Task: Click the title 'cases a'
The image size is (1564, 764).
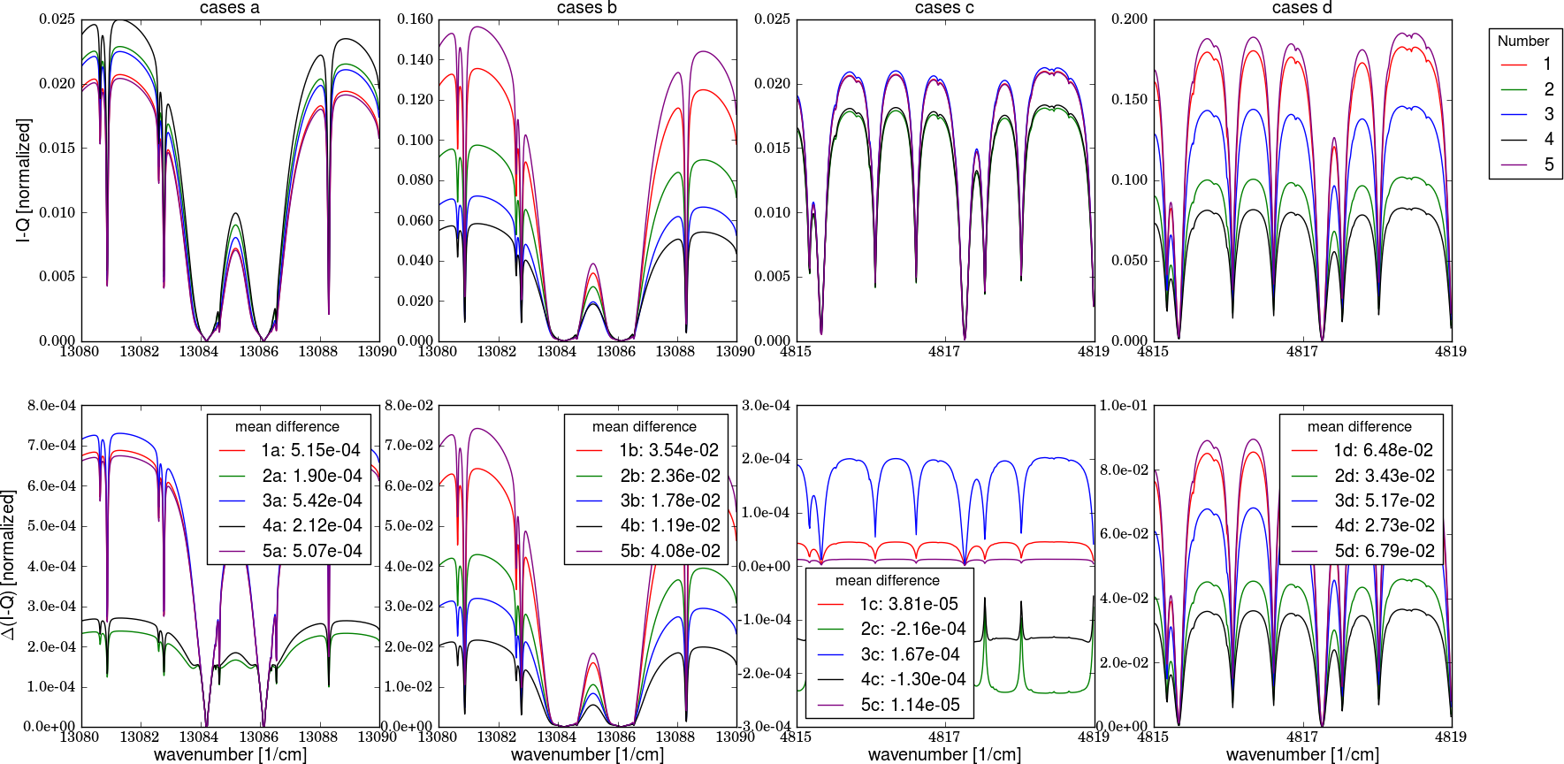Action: (x=230, y=8)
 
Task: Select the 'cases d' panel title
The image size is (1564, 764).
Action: (x=1301, y=8)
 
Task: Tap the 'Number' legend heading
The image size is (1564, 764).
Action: (x=1522, y=41)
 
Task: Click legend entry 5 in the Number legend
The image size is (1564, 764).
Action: (x=1547, y=164)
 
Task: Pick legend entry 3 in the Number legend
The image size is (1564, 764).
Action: (x=1547, y=114)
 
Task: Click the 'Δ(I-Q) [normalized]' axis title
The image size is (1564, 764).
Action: (x=9, y=566)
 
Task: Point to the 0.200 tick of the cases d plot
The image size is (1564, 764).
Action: (x=1130, y=19)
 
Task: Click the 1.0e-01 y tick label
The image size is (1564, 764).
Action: (x=1124, y=406)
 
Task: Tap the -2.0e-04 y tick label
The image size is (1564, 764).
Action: (x=766, y=673)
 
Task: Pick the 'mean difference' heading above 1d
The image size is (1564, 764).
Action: (x=1359, y=426)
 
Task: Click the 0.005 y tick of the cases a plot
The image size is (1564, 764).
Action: (x=57, y=277)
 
